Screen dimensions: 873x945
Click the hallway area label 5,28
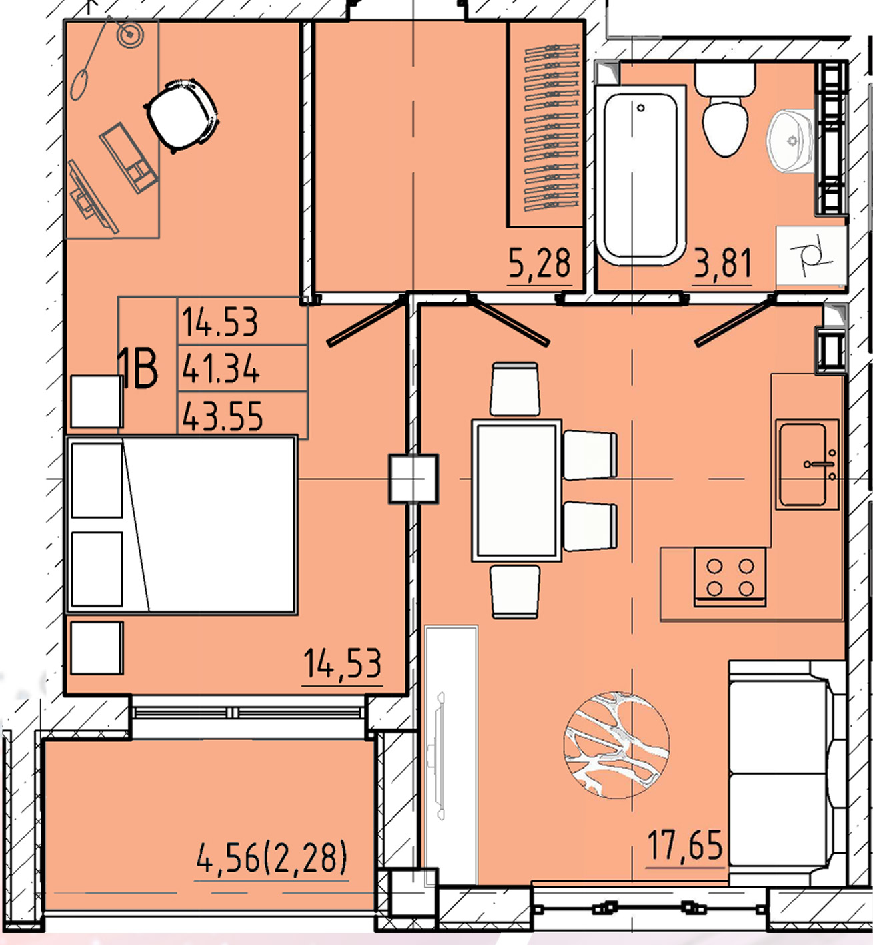539,263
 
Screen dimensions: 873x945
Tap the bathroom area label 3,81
723,263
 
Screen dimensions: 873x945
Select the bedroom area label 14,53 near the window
343,663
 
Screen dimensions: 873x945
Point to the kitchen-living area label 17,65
686,845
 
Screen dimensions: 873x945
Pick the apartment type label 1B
138,368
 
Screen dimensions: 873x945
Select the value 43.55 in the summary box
222,416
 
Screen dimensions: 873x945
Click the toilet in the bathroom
724,110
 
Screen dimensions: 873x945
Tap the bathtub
640,176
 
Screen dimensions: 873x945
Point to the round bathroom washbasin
790,141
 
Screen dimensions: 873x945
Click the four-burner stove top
730,577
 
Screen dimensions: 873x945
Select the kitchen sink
807,464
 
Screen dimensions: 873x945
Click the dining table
517,491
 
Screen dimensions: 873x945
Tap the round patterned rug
616,745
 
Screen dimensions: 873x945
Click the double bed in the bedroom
181,525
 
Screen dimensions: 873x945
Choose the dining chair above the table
515,389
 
